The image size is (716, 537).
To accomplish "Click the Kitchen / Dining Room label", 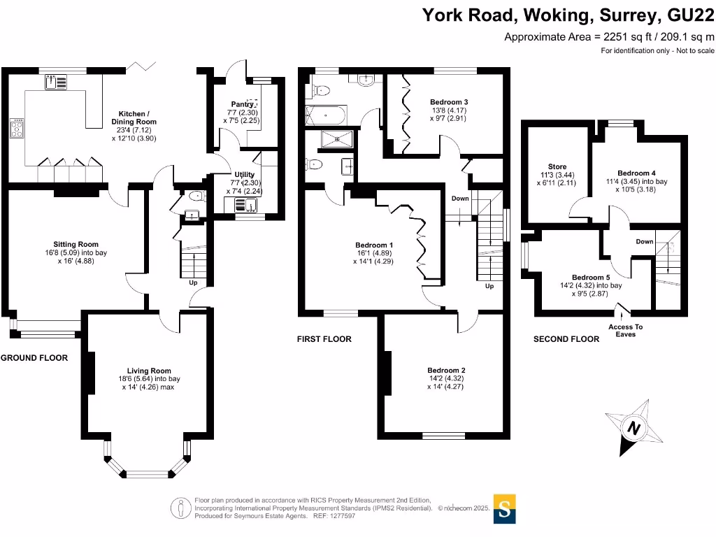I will (134, 117).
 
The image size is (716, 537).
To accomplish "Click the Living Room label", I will (149, 371).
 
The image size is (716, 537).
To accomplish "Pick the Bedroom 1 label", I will (374, 245).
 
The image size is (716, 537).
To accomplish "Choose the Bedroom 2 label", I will (447, 370).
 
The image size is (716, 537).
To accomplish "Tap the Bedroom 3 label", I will (448, 102).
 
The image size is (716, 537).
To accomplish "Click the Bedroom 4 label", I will (636, 173).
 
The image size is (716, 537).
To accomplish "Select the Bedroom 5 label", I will (591, 277).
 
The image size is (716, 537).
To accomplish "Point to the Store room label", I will (557, 167).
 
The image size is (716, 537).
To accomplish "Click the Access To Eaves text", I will (625, 330).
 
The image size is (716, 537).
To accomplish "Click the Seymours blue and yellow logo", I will (505, 509).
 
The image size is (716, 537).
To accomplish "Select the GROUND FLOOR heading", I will (34, 358).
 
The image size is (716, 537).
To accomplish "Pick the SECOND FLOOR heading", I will (566, 339).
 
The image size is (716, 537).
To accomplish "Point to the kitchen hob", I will (17, 130).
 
